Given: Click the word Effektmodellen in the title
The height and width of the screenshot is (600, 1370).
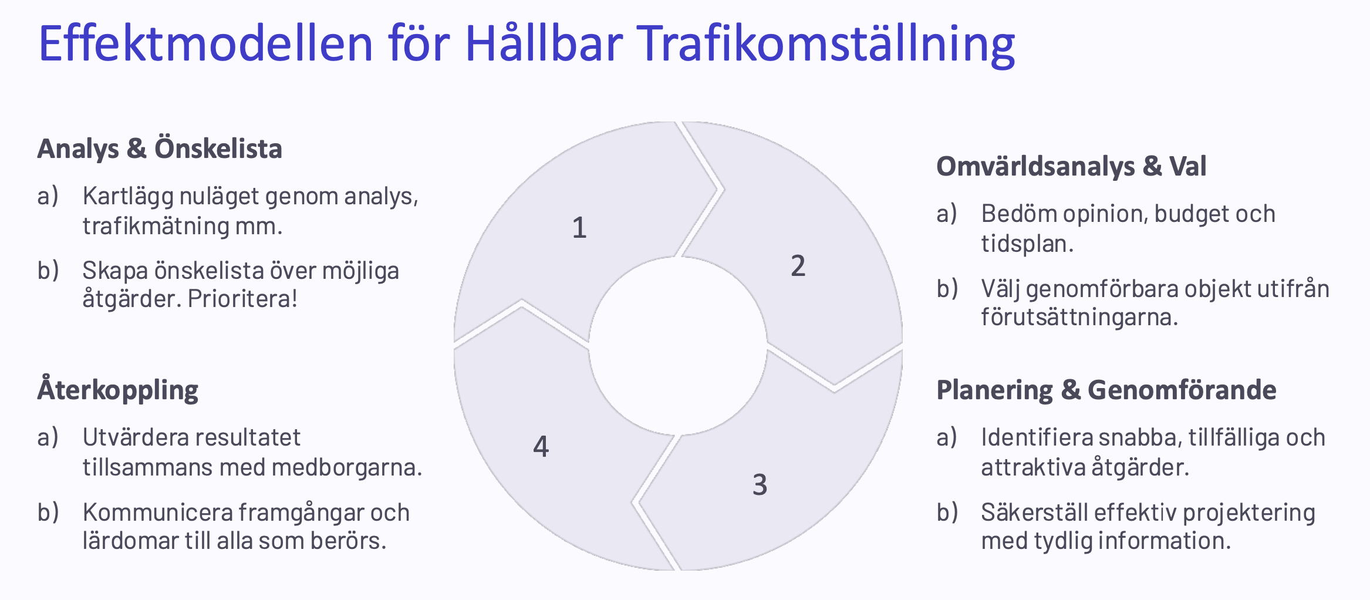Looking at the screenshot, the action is pyautogui.click(x=206, y=43).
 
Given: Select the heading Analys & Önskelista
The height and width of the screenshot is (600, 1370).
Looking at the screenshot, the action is pyautogui.click(x=160, y=149).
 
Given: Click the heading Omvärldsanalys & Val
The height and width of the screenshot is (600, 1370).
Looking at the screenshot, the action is pyautogui.click(x=1071, y=166).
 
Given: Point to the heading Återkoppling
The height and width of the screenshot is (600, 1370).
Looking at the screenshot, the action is pyautogui.click(x=118, y=390).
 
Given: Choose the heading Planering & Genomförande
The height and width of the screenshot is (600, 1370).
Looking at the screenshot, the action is pyautogui.click(x=1106, y=390).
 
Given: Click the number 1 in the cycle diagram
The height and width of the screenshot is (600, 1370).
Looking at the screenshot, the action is pyautogui.click(x=579, y=228).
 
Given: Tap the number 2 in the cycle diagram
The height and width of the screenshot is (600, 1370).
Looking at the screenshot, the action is pyautogui.click(x=798, y=266).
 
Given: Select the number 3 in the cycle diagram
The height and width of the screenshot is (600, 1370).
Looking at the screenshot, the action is pyautogui.click(x=760, y=485).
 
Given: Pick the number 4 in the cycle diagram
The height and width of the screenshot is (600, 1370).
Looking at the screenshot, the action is pyautogui.click(x=541, y=446).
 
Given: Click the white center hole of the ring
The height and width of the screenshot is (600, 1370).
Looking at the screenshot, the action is pyautogui.click(x=678, y=346).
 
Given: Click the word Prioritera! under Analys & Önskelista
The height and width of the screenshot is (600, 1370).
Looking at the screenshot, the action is pyautogui.click(x=242, y=299).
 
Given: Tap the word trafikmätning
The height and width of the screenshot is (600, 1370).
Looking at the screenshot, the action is pyautogui.click(x=156, y=226).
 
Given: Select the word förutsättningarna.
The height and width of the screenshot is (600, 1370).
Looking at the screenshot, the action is pyautogui.click(x=1079, y=318).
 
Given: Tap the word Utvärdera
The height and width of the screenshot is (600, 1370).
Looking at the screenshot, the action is pyautogui.click(x=135, y=437).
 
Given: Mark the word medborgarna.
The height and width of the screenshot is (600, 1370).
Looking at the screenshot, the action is pyautogui.click(x=347, y=467).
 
